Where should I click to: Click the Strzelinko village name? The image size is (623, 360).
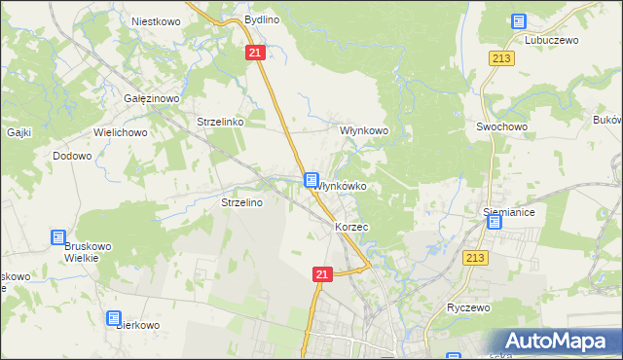tap(219, 123)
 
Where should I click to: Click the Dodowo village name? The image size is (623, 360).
tap(72, 156)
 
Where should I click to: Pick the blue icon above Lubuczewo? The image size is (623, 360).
tap(518, 21)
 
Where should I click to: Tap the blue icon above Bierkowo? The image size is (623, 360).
tap(114, 318)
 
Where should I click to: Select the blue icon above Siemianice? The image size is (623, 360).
tap(494, 222)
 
